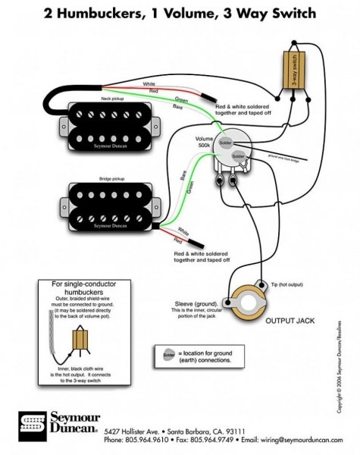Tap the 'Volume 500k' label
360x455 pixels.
click(205, 143)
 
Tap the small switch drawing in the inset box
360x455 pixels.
click(77, 342)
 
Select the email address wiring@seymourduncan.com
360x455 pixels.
click(298, 440)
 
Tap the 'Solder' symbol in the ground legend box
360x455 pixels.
click(166, 354)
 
